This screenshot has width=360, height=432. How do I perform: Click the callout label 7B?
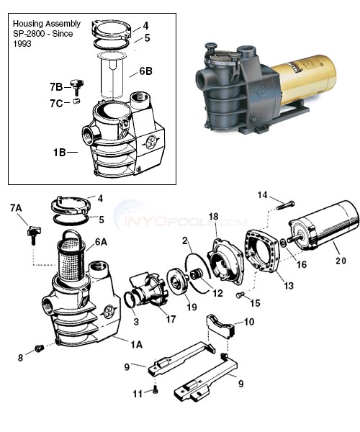[x=56, y=86]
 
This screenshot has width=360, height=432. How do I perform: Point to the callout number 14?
[x=263, y=195]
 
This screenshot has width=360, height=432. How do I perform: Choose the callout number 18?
[x=213, y=217]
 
